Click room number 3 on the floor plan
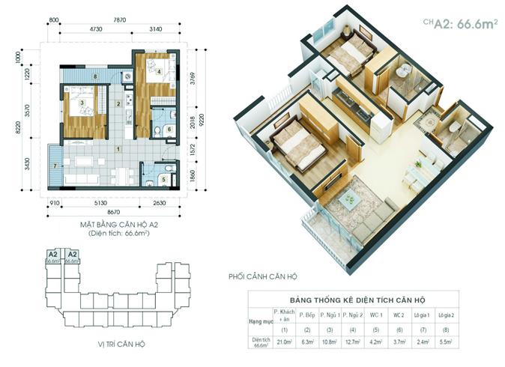pyautogui.click(x=82, y=102)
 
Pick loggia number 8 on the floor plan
pyautogui.click(x=95, y=76)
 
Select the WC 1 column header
pyautogui.click(x=378, y=315)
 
